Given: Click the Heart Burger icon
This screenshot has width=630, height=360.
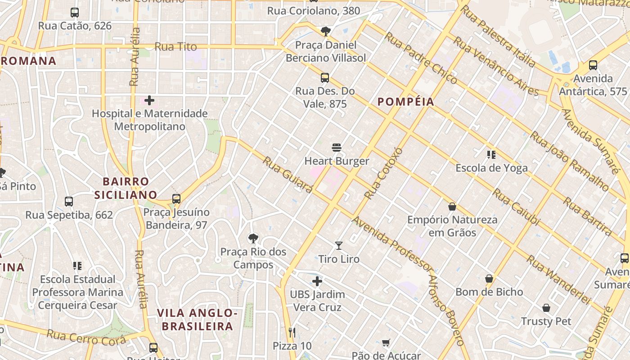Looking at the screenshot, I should click(337, 148).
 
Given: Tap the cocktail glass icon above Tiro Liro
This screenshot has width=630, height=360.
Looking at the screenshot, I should click(339, 246).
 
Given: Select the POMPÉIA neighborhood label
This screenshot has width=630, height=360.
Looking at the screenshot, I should click(406, 102).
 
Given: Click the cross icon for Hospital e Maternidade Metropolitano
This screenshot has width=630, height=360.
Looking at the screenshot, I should click(149, 100).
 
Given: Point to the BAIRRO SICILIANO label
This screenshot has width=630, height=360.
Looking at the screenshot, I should click(126, 188).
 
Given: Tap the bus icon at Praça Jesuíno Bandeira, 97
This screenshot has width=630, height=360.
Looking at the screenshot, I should click(176, 198).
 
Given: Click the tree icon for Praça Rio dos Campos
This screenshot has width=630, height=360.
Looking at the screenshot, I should click(253, 238).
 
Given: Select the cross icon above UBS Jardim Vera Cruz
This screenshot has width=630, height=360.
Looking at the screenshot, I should click(317, 281).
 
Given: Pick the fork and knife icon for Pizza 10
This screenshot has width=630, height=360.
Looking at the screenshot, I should click(292, 333).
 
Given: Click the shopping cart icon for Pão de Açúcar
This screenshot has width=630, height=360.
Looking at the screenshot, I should click(386, 343).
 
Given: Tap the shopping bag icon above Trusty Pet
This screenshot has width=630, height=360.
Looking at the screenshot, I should click(546, 308).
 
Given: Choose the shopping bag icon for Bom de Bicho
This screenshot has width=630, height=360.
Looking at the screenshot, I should click(489, 279).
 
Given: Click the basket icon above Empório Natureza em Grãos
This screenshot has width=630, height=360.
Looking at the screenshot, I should click(452, 207).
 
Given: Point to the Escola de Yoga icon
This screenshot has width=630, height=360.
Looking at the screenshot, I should click(491, 155).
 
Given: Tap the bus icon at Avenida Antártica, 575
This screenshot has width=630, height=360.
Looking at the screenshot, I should click(593, 65).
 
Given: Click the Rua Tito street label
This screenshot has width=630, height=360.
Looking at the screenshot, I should click(175, 47).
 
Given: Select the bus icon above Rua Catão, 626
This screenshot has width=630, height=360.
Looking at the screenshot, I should click(75, 13).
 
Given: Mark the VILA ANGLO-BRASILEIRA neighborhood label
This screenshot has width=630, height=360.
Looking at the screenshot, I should click(198, 319).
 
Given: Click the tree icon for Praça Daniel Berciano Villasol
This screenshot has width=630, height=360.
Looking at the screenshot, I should click(325, 31).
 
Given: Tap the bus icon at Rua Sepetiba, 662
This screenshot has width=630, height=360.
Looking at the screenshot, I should click(69, 202).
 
